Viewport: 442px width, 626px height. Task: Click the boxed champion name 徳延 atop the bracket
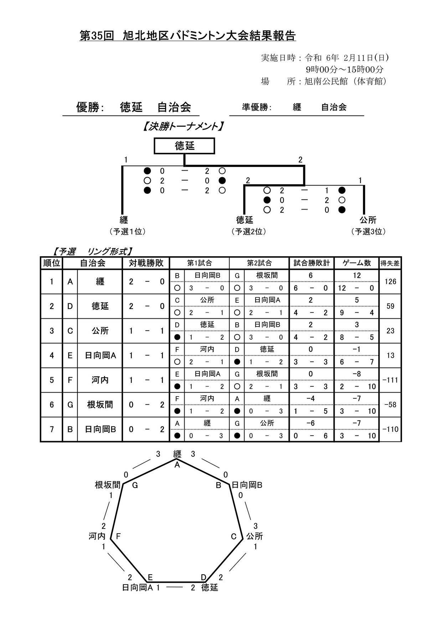pos(184,146)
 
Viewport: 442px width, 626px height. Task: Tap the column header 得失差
pos(390,263)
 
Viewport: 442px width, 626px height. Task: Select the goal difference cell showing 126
pos(390,282)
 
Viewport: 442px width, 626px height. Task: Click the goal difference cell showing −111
pos(390,380)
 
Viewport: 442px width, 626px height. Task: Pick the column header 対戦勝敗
pos(146,263)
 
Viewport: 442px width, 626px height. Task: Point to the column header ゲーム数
pos(357,263)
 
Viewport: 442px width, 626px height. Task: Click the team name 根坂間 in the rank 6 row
pos(100,404)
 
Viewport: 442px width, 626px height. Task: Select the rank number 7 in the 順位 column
pos(52,429)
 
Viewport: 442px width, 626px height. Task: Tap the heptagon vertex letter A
pos(177,465)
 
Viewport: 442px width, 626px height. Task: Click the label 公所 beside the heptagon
pos(255,536)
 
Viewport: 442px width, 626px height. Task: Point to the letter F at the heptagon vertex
pos(118,536)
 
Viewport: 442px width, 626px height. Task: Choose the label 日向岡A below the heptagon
pos(138,587)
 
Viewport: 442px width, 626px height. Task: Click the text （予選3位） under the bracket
pos(368,231)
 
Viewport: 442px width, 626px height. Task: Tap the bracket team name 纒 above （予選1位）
pos(124,219)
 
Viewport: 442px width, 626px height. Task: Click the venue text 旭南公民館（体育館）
pos(345,81)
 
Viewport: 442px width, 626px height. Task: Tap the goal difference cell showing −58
pos(390,405)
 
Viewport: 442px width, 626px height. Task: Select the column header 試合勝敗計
pos(312,263)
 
